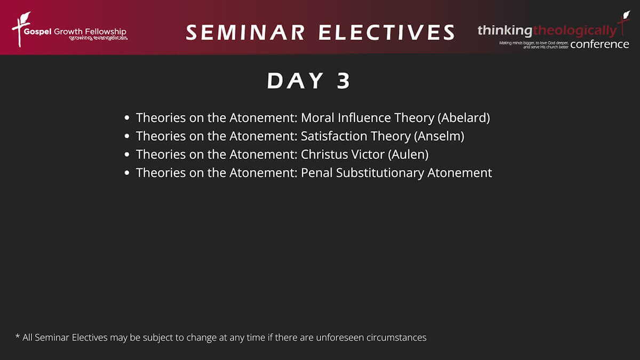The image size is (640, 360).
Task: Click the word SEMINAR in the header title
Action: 245,33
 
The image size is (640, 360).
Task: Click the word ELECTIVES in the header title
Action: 387,33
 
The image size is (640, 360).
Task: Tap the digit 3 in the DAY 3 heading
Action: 343,81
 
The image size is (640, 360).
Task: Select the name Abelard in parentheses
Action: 463,118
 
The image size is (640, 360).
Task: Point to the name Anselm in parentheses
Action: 439,136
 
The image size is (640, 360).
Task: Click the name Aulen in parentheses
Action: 408,154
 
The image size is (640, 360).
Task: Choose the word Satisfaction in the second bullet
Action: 334,136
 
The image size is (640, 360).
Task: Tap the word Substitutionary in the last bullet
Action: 380,173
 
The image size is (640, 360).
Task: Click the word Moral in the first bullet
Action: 317,118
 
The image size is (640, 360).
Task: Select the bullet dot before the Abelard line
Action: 127,118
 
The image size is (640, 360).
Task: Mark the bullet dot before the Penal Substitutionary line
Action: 127,173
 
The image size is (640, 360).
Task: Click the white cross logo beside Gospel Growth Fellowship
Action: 21,29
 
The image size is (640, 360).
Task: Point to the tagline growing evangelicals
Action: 98,38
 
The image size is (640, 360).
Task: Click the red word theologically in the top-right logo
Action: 575,31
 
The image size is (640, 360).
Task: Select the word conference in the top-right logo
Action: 599,44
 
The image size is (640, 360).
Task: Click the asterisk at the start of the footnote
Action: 18,336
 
